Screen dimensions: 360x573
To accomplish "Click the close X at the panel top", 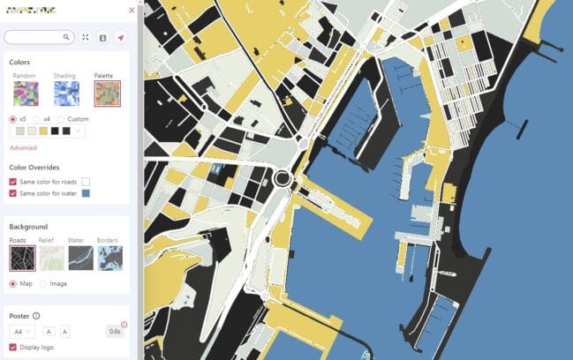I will tap(132, 11).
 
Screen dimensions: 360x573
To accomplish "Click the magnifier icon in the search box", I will tap(66, 38).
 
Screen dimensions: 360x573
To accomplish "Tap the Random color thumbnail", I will tap(23, 93).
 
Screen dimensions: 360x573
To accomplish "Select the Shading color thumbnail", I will tap(66, 93).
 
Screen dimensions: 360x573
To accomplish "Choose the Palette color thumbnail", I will tap(107, 93).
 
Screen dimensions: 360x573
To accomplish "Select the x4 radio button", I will tap(36, 119).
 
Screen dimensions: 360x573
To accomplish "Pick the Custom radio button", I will tap(61, 119).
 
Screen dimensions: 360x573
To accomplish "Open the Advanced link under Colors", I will tap(23, 147).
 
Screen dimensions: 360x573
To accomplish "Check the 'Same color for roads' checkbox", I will tap(13, 182).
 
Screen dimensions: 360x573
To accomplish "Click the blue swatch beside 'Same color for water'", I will tap(86, 192).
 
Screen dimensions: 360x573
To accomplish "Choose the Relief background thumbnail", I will tap(51, 258).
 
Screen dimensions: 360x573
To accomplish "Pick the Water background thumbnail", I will tap(80, 258).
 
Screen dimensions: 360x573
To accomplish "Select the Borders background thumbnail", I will tap(110, 258).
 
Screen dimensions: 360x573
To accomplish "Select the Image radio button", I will tap(43, 283).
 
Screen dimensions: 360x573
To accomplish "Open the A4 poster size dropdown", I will tap(22, 331).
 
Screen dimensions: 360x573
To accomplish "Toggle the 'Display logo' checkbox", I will tap(13, 347).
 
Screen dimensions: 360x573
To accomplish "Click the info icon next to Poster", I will tap(36, 316).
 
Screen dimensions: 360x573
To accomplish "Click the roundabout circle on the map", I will tap(283, 179).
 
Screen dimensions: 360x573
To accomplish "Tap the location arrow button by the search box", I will tap(120, 38).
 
